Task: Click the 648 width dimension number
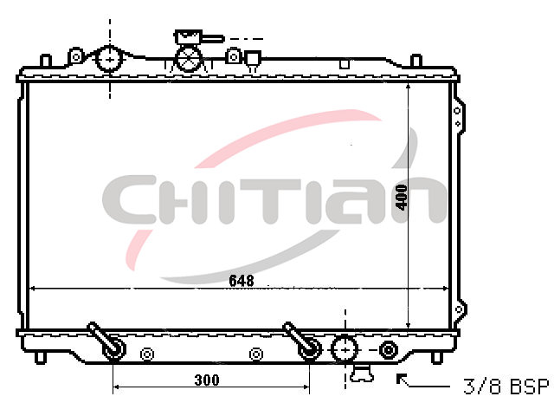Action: coord(242,281)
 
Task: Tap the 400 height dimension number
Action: coord(402,197)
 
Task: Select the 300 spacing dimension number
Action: coord(207,380)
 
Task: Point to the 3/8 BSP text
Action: coord(506,386)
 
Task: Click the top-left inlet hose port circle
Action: coord(110,59)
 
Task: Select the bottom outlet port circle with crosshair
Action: coord(345,349)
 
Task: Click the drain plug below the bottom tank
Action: coord(362,374)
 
